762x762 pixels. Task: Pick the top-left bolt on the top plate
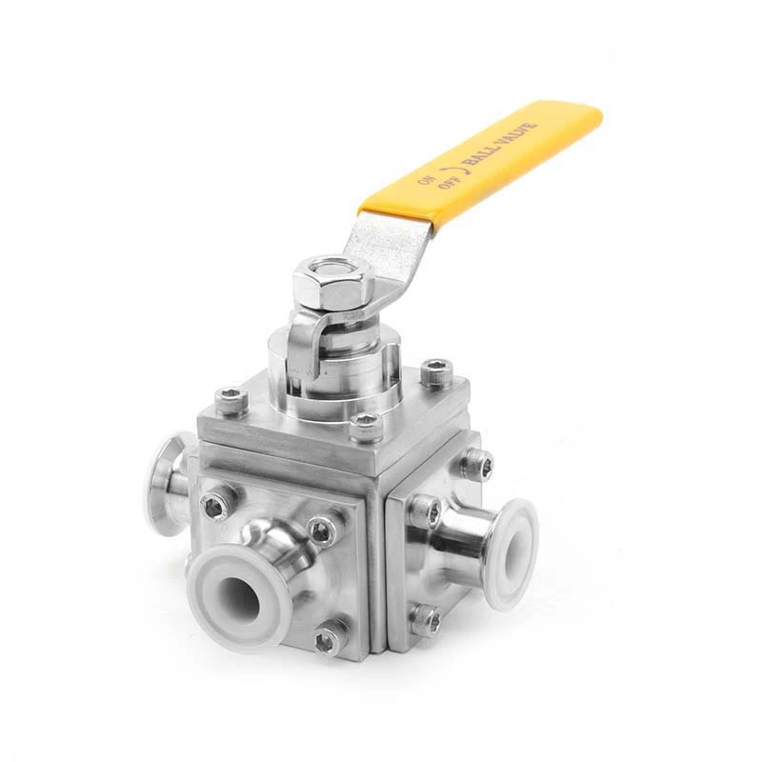[x=231, y=400]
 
